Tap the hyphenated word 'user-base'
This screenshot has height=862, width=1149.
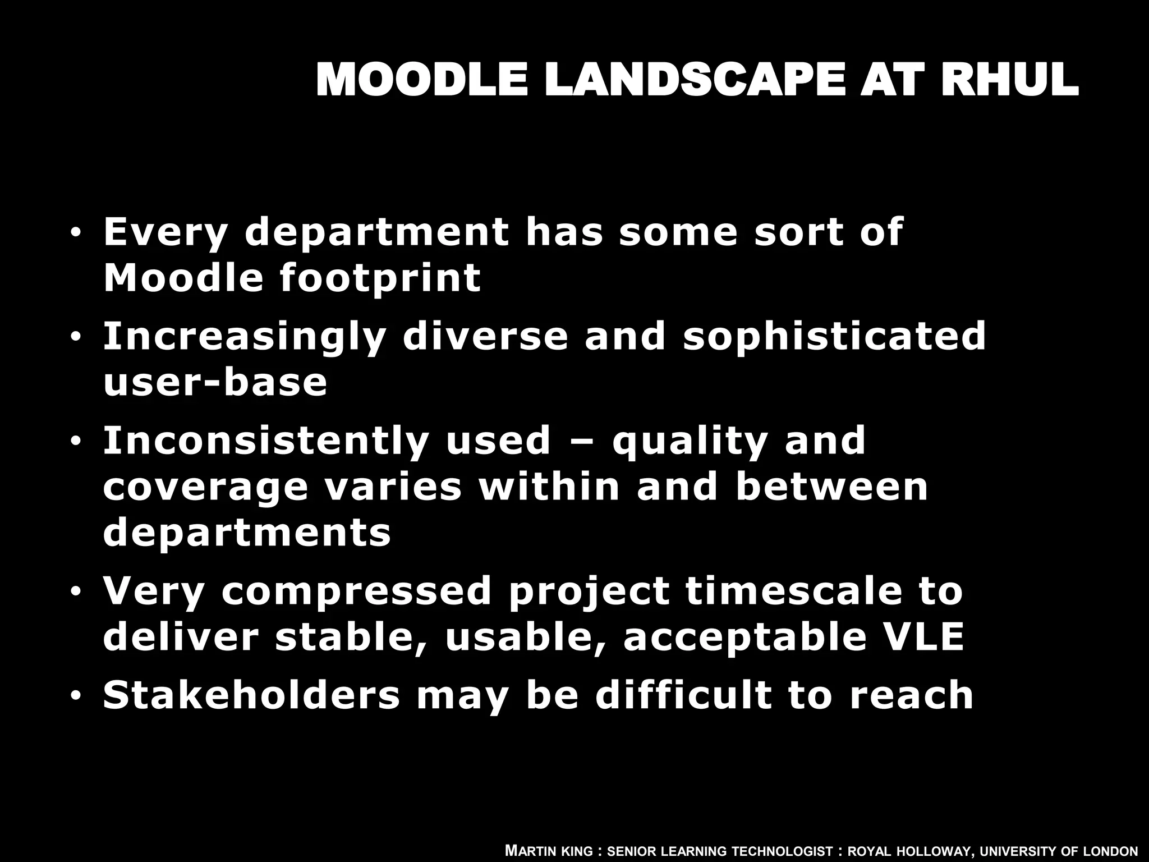215,382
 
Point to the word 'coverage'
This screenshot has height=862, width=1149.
205,487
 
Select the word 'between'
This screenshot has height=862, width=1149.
831,487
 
